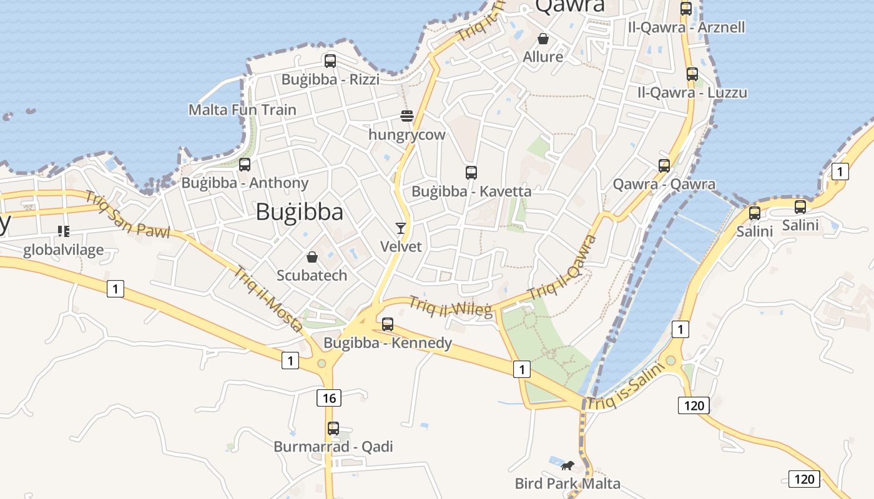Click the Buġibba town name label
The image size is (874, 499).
click(x=299, y=213)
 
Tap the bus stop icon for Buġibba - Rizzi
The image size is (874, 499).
click(x=330, y=61)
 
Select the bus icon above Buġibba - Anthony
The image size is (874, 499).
click(x=245, y=165)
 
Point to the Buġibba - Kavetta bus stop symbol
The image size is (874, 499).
click(x=471, y=173)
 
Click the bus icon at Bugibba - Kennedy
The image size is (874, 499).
click(x=388, y=324)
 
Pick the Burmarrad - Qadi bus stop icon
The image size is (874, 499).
click(x=333, y=429)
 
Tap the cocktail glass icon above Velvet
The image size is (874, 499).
click(x=401, y=228)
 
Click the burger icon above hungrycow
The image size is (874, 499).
click(x=407, y=116)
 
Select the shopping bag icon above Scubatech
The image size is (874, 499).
click(x=312, y=257)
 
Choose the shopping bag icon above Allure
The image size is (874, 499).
click(x=543, y=39)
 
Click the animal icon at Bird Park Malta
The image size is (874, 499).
click(x=567, y=465)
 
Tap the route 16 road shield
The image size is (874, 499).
click(x=329, y=398)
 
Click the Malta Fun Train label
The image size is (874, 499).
click(x=242, y=110)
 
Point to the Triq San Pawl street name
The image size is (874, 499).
click(x=127, y=215)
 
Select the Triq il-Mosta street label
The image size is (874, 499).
click(x=268, y=299)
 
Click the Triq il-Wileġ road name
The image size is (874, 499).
click(x=450, y=306)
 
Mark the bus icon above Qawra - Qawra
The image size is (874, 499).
click(x=664, y=166)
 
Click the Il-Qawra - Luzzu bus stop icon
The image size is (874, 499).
click(x=692, y=74)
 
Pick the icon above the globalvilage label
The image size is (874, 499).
click(x=63, y=232)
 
